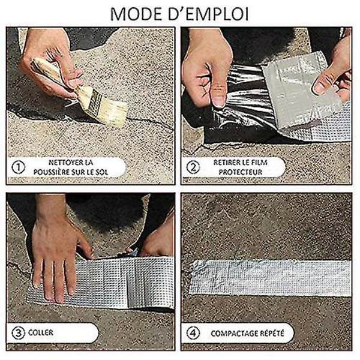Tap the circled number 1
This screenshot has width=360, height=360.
pos(19,167)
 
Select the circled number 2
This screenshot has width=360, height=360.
pos(193,167)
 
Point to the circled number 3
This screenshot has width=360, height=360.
pos(19,333)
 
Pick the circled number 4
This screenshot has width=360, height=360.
pos(193,333)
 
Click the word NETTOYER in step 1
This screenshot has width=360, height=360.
pos(64,163)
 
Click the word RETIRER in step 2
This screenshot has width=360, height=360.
pos(227,163)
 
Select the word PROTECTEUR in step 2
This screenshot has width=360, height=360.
pos(241,172)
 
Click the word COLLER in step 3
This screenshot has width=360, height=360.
pos(41,332)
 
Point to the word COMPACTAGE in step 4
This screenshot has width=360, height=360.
pos(235,334)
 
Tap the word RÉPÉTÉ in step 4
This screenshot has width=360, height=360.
pos(273,333)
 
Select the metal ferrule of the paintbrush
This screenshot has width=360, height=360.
pos(94,103)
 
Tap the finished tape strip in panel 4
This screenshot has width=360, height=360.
pos(270,278)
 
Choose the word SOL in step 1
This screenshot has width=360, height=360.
pos(102,172)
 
